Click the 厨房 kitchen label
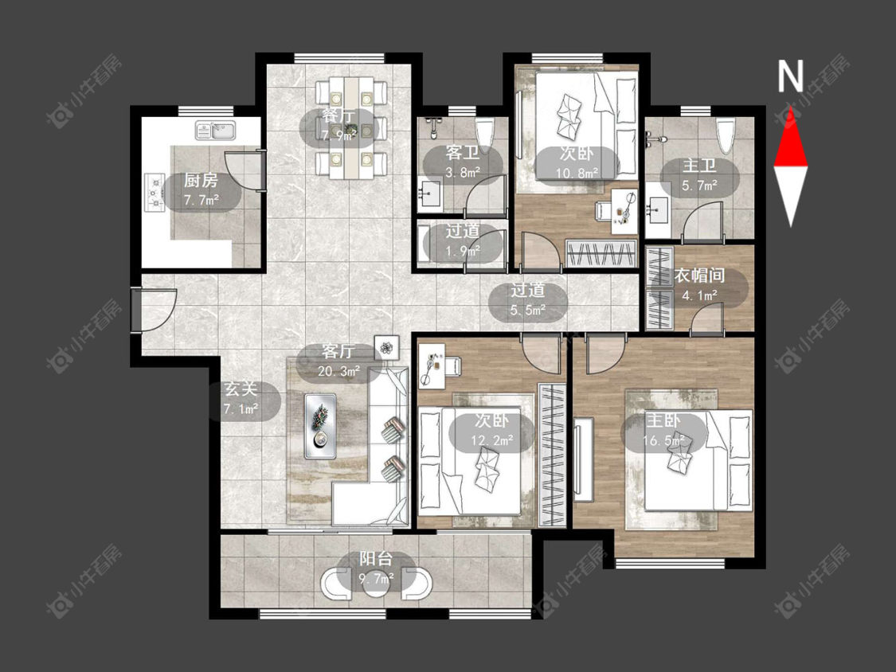tap(201, 181)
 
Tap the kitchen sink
tap(215, 131)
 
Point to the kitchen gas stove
tap(155, 193)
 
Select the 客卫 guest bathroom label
tap(462, 153)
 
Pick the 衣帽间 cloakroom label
tap(699, 275)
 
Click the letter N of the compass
tap(791, 76)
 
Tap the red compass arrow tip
tap(791, 107)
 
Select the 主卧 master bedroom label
tap(663, 421)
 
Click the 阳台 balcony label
tap(375, 558)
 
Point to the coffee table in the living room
tap(320, 426)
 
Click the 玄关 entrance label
tap(241, 389)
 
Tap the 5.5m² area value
tap(527, 311)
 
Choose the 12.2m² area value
tap(492, 440)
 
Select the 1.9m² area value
tap(463, 251)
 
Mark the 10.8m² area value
tap(577, 172)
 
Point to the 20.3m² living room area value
tap(338, 371)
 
